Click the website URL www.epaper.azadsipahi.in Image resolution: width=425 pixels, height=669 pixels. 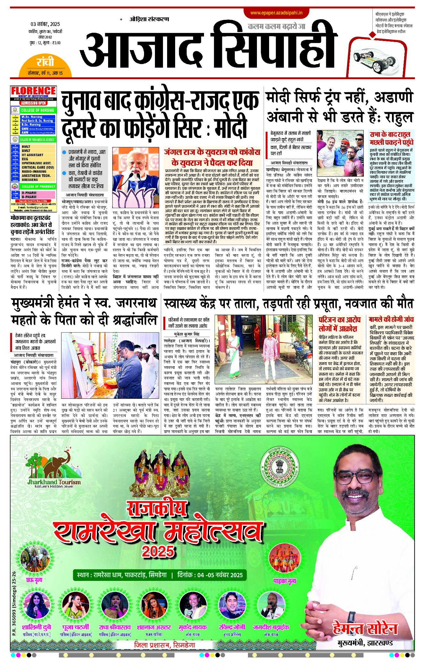pos(276,13)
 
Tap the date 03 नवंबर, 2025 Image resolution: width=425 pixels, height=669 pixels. pos(45,24)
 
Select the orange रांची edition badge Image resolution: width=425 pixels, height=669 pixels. pos(45,62)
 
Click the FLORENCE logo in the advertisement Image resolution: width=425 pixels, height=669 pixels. pos(33,91)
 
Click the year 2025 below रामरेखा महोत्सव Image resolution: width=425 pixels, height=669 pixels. pos(158,551)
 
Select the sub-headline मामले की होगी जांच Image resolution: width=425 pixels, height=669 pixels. pos(391,319)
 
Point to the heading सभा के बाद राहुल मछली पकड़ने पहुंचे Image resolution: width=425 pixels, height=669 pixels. pos(391,138)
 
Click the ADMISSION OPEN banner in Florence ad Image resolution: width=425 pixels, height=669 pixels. pos(33,103)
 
